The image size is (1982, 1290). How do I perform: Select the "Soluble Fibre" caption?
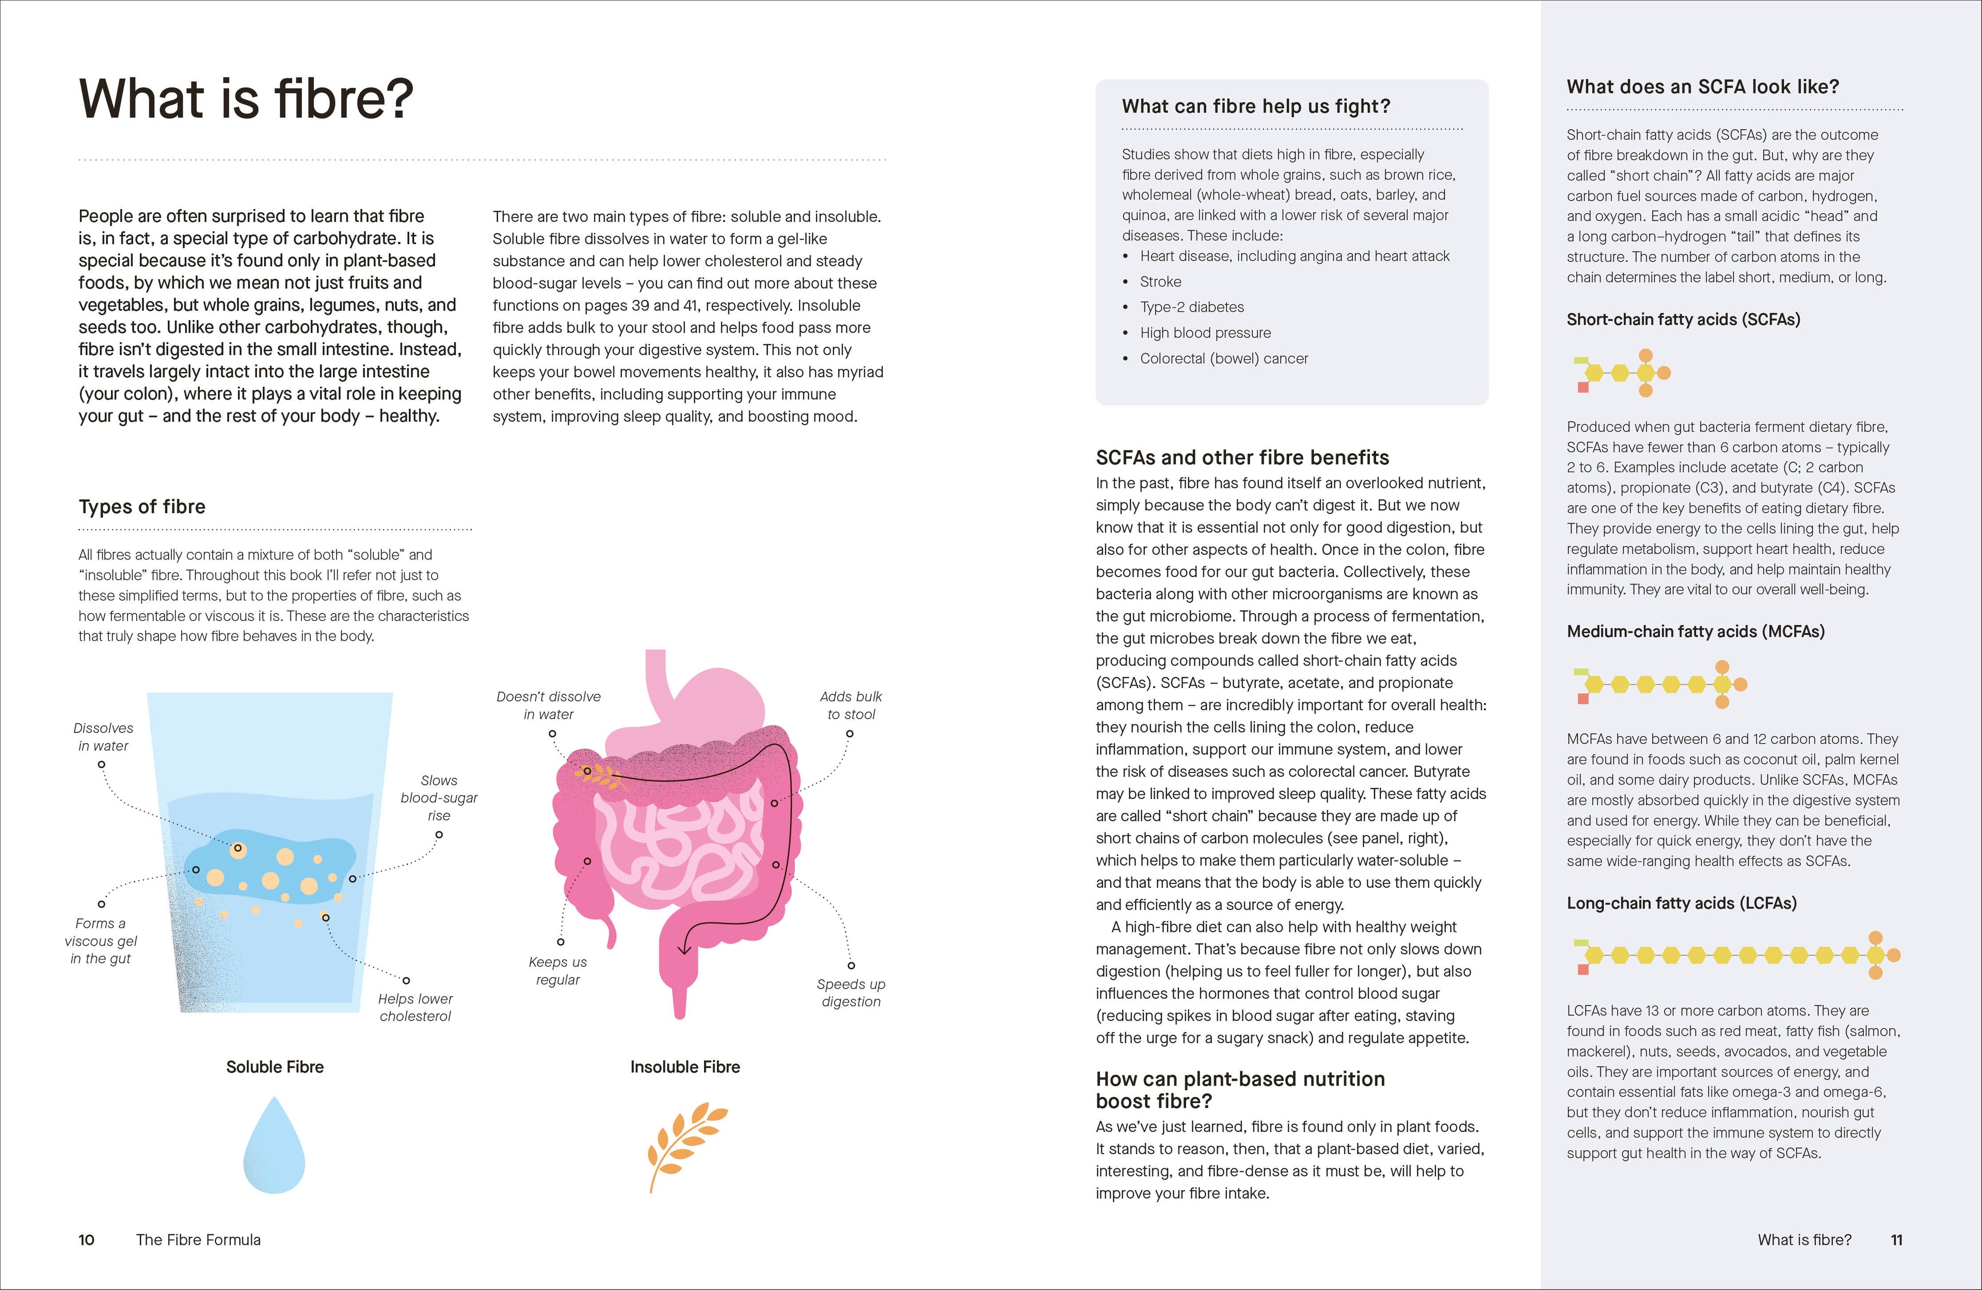pos(275,1067)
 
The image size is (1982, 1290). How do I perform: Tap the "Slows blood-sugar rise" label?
pos(439,798)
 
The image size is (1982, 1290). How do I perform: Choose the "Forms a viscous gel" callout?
pos(100,941)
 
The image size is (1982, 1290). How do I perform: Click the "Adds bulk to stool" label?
pos(850,705)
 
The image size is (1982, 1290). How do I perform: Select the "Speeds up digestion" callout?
pos(850,993)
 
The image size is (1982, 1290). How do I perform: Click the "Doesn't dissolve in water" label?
pos(548,705)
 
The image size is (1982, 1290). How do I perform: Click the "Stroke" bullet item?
pos(1160,281)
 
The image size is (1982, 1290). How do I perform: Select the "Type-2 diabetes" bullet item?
pos(1192,307)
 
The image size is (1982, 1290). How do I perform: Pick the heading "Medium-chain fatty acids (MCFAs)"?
pos(1696,631)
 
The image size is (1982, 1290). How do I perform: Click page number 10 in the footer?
pos(87,1240)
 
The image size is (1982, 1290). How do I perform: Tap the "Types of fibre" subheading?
pos(141,506)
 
